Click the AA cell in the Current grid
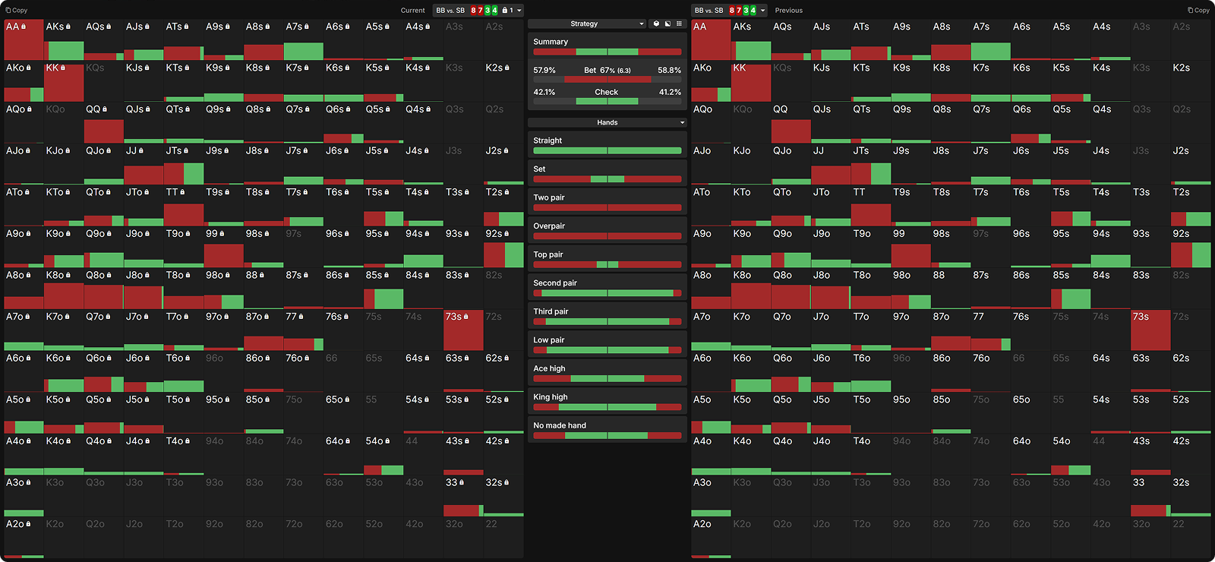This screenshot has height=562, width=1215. (x=24, y=39)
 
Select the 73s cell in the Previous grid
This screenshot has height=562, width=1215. (x=1150, y=330)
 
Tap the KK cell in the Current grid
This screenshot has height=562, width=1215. (x=64, y=81)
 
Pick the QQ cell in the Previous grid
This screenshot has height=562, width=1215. (x=791, y=123)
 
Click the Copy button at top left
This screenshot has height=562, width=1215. (x=17, y=11)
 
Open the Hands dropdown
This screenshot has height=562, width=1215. (x=607, y=122)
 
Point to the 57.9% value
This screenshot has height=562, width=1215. (x=544, y=70)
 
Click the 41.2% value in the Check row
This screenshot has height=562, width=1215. (x=669, y=92)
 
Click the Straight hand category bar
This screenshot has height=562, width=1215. (x=607, y=150)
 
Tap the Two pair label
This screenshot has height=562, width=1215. (x=549, y=197)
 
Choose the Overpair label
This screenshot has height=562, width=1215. (x=549, y=226)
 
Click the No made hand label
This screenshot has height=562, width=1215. (x=560, y=425)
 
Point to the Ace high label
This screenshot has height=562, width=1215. (x=549, y=368)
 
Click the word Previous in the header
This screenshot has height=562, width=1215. (x=788, y=11)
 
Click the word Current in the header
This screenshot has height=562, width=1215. (x=412, y=11)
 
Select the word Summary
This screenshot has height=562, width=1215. (x=551, y=42)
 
